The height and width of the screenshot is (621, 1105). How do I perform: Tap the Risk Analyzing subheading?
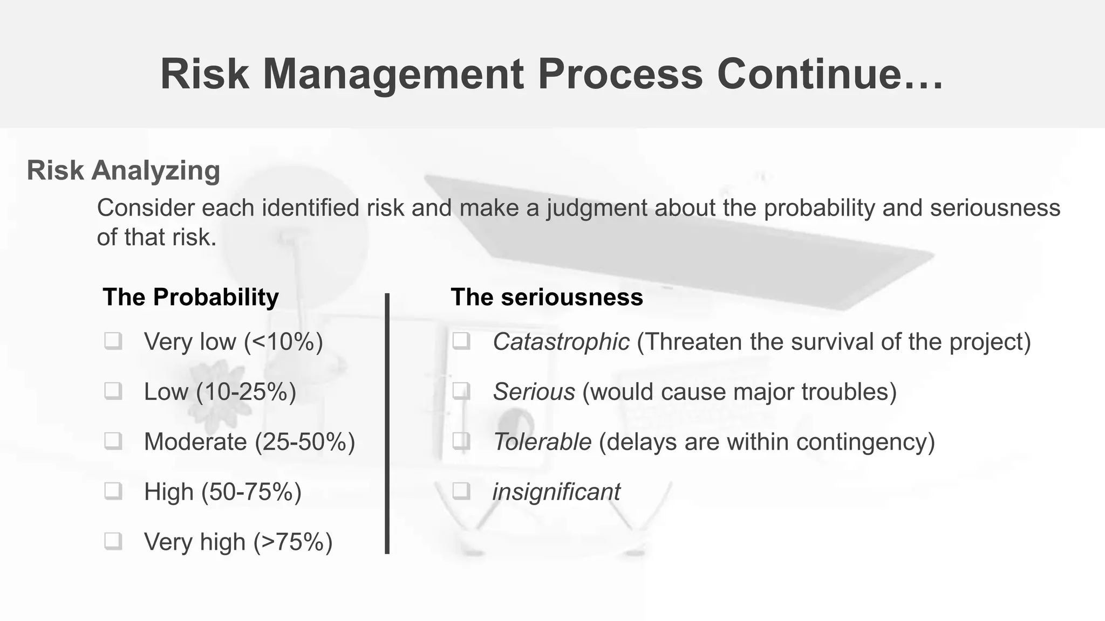[124, 170]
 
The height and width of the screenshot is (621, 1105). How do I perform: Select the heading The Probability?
[190, 297]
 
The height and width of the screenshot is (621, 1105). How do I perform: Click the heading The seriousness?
[547, 297]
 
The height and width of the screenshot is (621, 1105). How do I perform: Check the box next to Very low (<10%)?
[113, 341]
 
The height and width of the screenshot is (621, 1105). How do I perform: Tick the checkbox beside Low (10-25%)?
[113, 391]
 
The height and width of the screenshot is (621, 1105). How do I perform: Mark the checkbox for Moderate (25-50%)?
[113, 441]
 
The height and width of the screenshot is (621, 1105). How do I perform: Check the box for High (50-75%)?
[113, 491]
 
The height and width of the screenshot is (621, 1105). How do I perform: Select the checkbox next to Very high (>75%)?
[113, 541]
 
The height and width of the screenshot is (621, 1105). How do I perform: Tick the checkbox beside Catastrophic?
[461, 341]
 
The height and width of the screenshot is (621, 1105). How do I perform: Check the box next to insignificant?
[461, 491]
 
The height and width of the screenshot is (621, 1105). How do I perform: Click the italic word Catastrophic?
[561, 342]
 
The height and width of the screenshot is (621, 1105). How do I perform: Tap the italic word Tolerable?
[542, 442]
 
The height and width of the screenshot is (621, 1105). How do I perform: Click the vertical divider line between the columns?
[387, 423]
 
